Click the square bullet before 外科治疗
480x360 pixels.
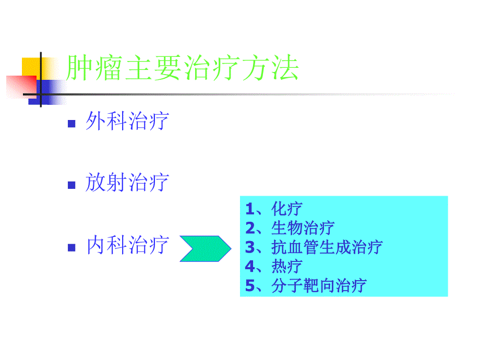[72, 124]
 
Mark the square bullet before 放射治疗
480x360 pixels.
[72, 185]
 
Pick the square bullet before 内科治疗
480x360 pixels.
[72, 247]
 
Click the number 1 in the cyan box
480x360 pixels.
[249, 209]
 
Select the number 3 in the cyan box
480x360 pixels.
[249, 247]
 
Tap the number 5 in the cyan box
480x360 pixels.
[249, 285]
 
